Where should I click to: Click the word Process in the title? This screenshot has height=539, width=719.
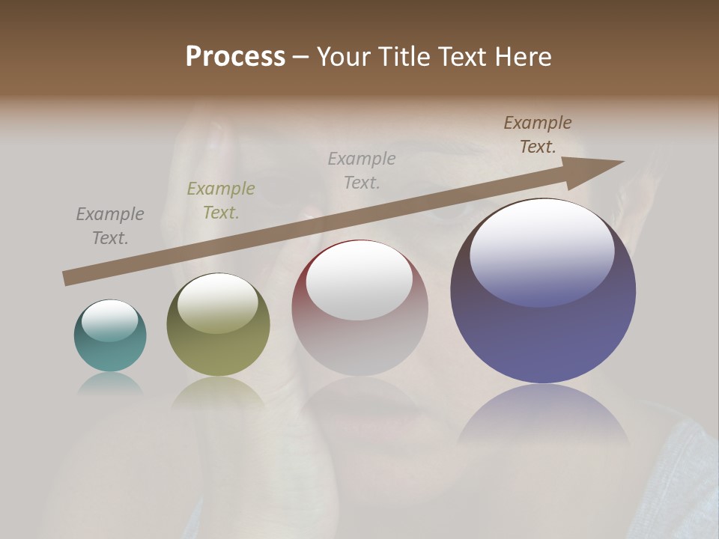point(235,57)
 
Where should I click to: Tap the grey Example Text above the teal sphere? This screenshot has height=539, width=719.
point(110,226)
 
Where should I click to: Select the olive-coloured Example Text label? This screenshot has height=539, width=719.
point(221,201)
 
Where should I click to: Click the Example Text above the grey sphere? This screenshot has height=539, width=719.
point(362,170)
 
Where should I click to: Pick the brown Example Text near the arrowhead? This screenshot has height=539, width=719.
point(538,135)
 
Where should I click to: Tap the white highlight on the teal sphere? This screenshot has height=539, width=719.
point(110,320)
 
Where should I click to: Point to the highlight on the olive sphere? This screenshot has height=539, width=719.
point(217,302)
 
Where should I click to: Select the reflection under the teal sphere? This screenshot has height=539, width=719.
point(110,383)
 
